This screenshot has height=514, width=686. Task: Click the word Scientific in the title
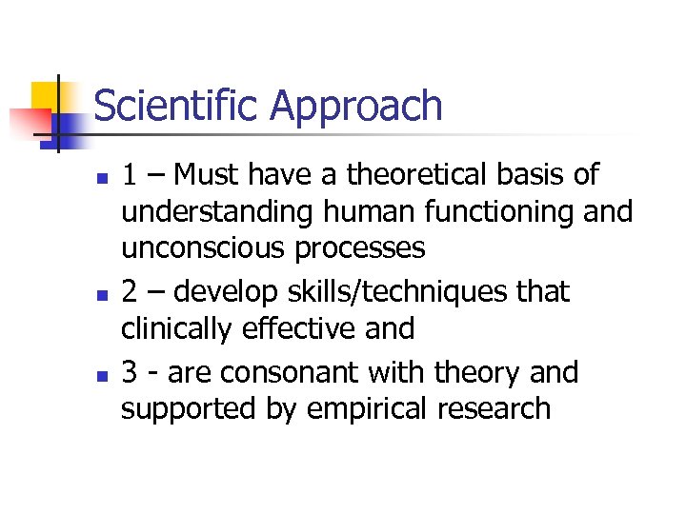click(176, 107)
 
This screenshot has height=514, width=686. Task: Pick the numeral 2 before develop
click(130, 292)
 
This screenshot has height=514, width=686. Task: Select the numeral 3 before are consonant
click(130, 372)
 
